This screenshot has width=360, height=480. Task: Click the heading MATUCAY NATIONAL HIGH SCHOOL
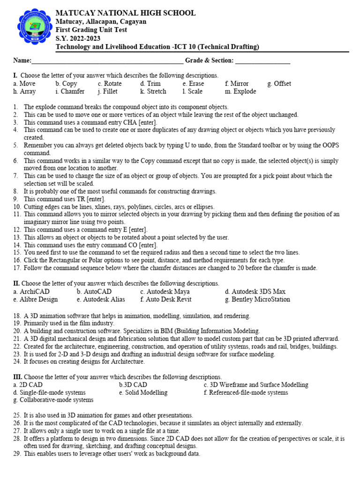pos(126,13)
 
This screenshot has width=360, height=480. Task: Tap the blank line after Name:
pos(107,61)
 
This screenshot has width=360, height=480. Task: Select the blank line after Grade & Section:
pos(262,61)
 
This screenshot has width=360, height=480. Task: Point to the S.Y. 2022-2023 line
pos(78,38)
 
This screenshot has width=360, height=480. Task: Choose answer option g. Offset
pos(279,84)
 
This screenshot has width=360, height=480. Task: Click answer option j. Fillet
pos(108,92)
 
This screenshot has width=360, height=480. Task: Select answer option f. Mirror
pos(237,84)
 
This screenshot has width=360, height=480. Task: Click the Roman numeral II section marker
pos(16,284)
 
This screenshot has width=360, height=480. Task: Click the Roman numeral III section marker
pos(18,377)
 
